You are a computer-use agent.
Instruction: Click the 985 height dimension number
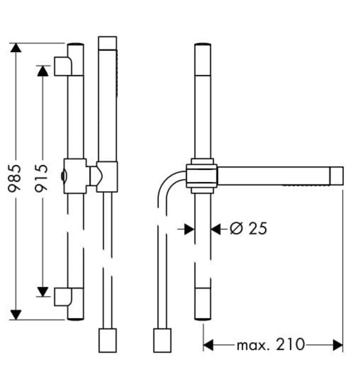tap(15, 178)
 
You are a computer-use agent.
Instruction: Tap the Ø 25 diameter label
tap(249, 228)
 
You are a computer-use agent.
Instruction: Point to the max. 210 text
tap(271, 345)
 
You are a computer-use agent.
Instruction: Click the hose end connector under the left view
tap(107, 340)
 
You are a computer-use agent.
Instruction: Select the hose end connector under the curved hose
tap(161, 340)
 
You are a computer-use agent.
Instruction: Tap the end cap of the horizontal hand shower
tap(337, 175)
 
